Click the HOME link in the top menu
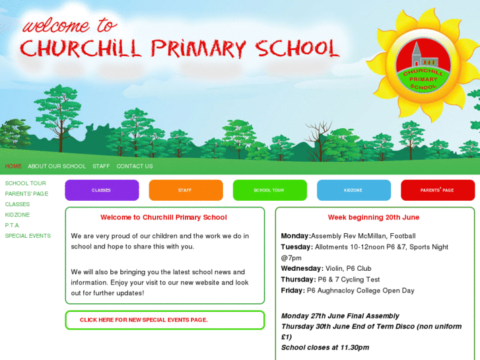pos(13,166)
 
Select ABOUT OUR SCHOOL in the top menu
pos(57,166)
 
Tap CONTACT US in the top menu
pos(135,166)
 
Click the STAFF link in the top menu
pos(101,166)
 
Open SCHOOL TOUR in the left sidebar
pos(25,184)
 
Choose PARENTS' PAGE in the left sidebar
pos(26,194)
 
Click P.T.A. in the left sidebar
pos(13,225)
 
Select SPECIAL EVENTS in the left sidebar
pos(28,236)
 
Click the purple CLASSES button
pos(102,190)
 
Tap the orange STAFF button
pos(186,190)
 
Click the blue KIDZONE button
pos(353,190)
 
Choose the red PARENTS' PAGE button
pos(437,190)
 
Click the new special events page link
pos(144,320)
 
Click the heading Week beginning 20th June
pos(374,217)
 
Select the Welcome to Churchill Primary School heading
pos(164,217)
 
